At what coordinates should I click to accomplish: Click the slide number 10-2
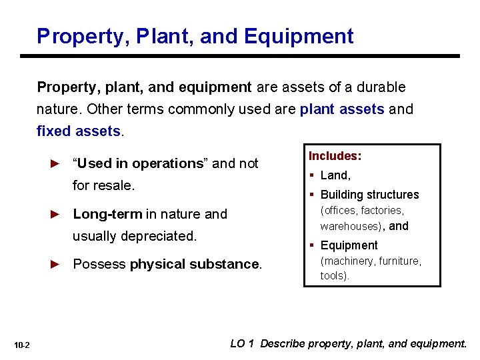coord(23,345)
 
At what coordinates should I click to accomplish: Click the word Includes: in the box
coord(335,156)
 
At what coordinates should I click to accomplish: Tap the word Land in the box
coord(334,175)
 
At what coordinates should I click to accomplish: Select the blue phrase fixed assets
coord(79,131)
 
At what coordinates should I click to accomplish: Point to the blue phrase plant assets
coord(342,109)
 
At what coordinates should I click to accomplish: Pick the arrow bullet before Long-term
coord(56,214)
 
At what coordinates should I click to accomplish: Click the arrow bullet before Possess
coord(56,264)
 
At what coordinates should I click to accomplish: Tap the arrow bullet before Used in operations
coord(56,163)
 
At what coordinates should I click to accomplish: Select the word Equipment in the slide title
coord(299,36)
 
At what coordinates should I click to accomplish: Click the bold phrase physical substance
coord(194,264)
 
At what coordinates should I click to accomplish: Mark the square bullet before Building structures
coord(312,195)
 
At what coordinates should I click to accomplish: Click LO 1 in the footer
coord(242,344)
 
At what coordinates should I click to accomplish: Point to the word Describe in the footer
coord(283,344)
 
